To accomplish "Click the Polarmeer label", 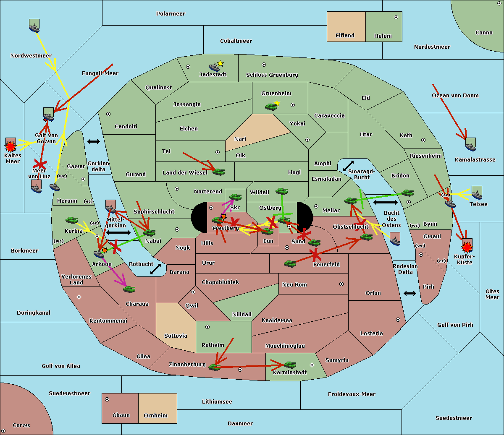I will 171,14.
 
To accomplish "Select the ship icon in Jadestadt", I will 215,67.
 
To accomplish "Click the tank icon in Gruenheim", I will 271,107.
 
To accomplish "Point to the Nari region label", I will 240,139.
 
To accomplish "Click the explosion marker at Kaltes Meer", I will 10,146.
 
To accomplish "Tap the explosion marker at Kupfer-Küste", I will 467,247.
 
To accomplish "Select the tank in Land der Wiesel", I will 218,172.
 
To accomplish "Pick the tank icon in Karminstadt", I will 290,365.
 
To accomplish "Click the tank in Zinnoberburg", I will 215,367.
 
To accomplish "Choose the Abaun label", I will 121,415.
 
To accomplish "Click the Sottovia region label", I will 176,336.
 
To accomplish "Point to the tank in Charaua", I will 129,289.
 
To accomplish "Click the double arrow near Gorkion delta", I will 93,142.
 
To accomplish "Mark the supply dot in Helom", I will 396,17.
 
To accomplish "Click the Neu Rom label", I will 294,285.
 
